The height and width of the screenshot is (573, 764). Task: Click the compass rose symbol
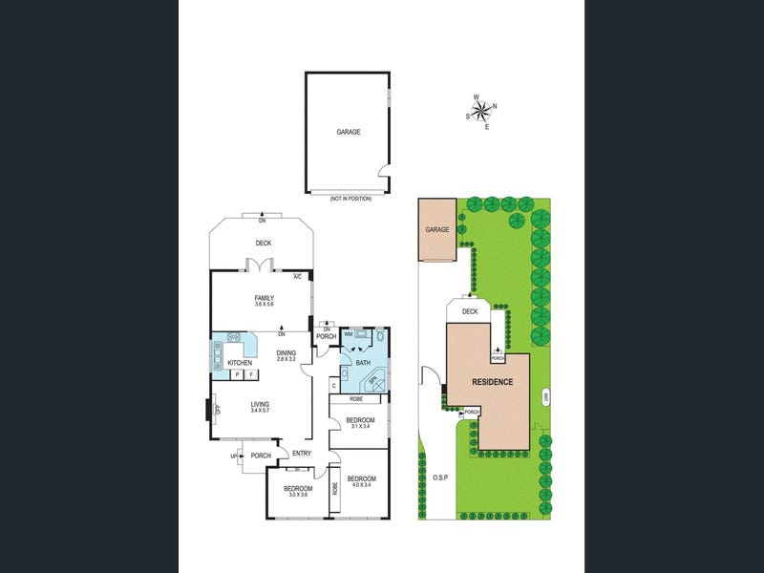[481, 109]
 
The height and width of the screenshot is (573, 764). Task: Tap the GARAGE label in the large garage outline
[348, 132]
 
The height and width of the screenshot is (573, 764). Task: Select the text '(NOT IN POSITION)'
[349, 198]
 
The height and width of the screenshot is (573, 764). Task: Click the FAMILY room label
[264, 299]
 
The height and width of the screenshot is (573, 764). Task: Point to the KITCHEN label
[240, 363]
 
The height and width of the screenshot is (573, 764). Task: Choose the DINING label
[286, 352]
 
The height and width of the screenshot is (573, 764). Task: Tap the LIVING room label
[260, 404]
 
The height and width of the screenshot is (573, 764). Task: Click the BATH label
[363, 363]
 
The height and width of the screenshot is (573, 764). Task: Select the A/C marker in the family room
[297, 277]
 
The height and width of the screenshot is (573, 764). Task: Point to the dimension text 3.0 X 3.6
[298, 494]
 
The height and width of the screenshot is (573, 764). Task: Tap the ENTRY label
[302, 454]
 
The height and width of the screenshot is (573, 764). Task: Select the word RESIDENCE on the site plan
[493, 382]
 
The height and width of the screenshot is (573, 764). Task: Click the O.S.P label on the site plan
[439, 477]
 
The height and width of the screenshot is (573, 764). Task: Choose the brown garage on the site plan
[437, 229]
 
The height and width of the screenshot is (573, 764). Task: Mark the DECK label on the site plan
[469, 311]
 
